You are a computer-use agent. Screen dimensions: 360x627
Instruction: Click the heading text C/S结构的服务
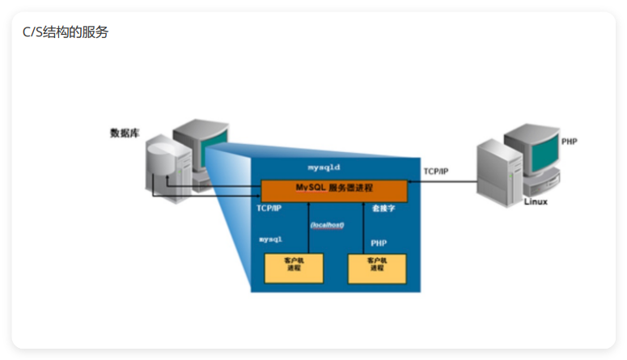66,32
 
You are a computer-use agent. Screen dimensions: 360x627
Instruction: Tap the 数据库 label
125,133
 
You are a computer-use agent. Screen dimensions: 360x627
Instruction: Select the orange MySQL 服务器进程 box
333,189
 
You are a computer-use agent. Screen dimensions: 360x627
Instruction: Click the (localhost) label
328,224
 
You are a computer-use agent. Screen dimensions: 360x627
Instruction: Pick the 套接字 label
383,208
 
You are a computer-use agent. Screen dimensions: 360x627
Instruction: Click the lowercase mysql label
270,239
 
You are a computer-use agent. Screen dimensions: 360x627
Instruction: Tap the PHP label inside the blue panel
379,243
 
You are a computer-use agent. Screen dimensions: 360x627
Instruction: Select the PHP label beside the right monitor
570,142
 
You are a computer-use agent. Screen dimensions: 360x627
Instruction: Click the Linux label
536,201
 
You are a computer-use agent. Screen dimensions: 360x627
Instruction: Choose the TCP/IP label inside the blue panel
269,208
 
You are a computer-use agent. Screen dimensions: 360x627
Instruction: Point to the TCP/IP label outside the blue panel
436,172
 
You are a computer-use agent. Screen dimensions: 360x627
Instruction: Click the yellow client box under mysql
294,268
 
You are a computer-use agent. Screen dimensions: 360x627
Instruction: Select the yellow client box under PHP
376,268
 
